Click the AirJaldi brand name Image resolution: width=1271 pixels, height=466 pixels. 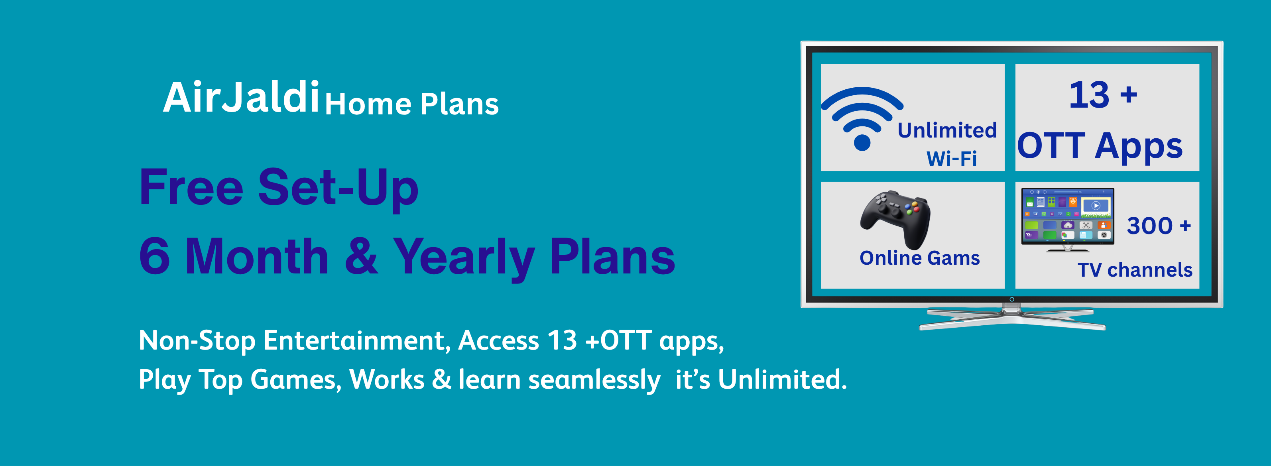click(241, 97)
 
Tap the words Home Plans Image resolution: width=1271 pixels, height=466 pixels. click(411, 104)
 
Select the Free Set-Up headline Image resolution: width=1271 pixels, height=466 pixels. click(279, 189)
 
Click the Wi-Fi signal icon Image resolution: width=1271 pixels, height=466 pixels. click(862, 116)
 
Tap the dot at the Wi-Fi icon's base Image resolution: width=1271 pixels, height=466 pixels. click(862, 143)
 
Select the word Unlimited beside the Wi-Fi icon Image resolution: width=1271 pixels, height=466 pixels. click(947, 130)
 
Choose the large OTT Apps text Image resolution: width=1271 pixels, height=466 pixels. click(1100, 146)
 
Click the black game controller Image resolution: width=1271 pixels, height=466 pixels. click(895, 218)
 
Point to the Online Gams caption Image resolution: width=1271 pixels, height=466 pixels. click(919, 258)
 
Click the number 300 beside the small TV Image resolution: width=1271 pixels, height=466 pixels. click(1150, 226)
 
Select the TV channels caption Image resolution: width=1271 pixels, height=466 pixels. click(1134, 270)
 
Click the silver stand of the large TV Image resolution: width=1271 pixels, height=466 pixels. click(1011, 318)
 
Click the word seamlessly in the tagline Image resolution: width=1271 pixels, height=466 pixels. click(594, 380)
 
